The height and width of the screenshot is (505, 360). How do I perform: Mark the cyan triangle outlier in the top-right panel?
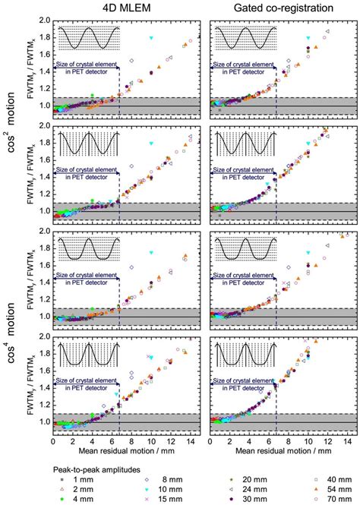point(307,38)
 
